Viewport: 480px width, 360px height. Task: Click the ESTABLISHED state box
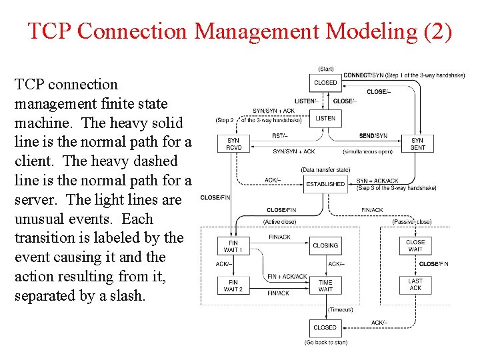click(x=325, y=184)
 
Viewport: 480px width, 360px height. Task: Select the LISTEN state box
click(x=325, y=118)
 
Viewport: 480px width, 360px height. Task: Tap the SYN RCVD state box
click(x=233, y=144)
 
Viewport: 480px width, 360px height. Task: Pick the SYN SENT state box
click(x=417, y=144)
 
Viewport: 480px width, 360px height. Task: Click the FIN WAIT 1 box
click(x=233, y=246)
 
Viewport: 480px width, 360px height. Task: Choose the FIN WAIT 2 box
click(x=233, y=285)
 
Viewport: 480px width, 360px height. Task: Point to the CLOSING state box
click(x=325, y=245)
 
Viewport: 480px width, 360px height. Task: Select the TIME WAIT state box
click(x=325, y=285)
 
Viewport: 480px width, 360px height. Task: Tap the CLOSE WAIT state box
click(x=415, y=245)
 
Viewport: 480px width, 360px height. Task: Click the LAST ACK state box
click(x=415, y=285)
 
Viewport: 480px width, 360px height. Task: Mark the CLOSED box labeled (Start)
click(x=325, y=83)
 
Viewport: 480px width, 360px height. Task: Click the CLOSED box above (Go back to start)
click(x=325, y=327)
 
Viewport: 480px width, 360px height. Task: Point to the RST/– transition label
click(x=280, y=136)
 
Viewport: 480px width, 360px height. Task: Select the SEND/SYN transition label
click(x=373, y=136)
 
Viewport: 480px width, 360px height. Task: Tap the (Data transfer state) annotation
click(x=325, y=170)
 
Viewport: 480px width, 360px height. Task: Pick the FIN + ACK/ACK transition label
click(x=287, y=277)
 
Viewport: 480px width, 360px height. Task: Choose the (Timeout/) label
click(x=341, y=310)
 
